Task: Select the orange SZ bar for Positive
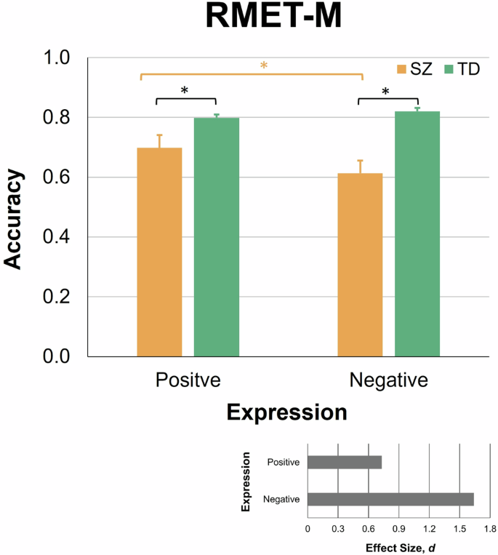[x=159, y=252]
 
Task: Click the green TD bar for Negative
[x=417, y=233]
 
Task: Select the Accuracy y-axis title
[x=16, y=220]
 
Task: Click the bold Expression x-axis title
[x=286, y=412]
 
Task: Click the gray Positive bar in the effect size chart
[x=344, y=463]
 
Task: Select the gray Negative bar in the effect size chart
[x=390, y=499]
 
